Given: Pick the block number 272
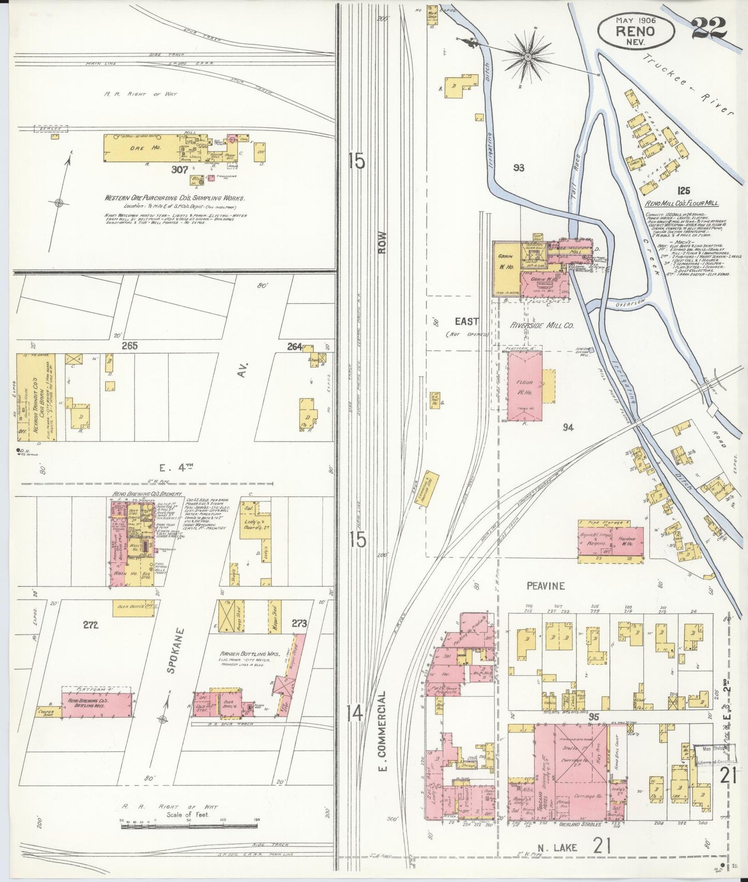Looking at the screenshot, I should (90, 625).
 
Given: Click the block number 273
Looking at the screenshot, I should (299, 623).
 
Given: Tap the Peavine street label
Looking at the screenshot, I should (546, 586).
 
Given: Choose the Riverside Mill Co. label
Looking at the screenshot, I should (541, 326).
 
